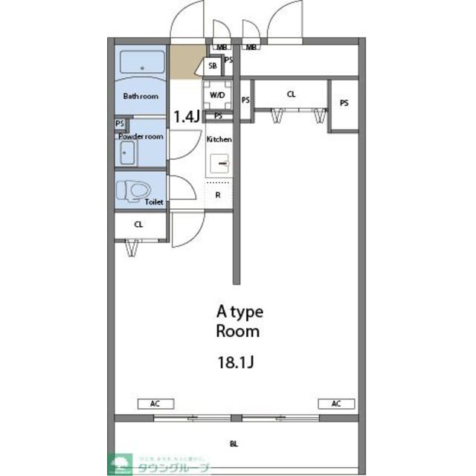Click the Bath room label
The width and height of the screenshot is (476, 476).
pos(141,96)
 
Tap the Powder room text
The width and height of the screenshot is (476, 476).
pos(140,136)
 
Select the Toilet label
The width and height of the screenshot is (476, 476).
pos(154,201)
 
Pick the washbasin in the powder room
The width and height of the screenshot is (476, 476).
pos(126,155)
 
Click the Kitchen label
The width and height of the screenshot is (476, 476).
pos(219,139)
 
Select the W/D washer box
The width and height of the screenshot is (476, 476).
pos(218,95)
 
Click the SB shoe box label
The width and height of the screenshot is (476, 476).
pos(213,65)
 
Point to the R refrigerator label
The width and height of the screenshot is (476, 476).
pos(218,195)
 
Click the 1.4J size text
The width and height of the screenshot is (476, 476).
pos(186,116)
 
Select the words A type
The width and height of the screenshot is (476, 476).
pos(239,312)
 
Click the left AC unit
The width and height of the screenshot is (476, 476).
pos(155,404)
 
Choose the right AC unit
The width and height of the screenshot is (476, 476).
pos(336,404)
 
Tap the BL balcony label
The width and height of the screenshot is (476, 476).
pos(234,445)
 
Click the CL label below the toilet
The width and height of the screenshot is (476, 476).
pos(139,224)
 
